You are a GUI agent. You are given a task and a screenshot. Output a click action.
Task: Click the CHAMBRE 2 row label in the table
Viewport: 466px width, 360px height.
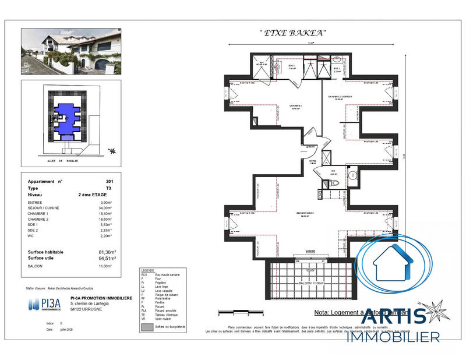click(38, 219)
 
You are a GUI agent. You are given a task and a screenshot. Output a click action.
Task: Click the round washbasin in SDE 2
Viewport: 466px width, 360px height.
click(338, 59)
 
